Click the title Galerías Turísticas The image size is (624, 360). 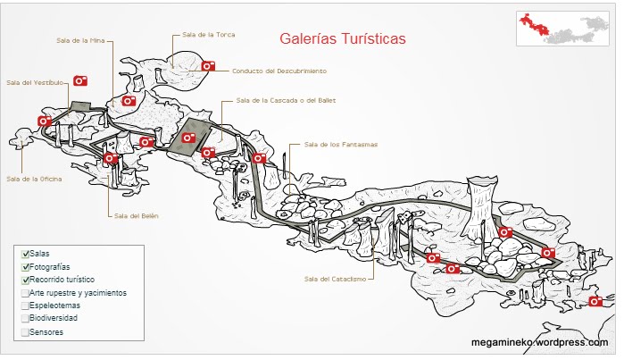tap(342, 39)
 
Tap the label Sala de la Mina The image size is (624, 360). tap(79, 40)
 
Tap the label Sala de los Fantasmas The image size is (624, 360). tap(341, 145)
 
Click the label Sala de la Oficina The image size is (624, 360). tap(35, 178)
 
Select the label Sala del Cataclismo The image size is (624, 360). tap(335, 279)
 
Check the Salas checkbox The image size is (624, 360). tap(25, 255)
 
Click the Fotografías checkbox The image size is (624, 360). tap(25, 267)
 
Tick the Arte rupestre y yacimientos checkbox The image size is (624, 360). tap(25, 293)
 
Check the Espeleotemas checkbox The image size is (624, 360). tap(25, 306)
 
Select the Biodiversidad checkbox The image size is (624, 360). tap(25, 318)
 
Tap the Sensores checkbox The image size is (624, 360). tap(25, 331)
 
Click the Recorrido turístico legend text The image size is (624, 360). tap(62, 280)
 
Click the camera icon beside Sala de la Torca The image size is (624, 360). tap(208, 65)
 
